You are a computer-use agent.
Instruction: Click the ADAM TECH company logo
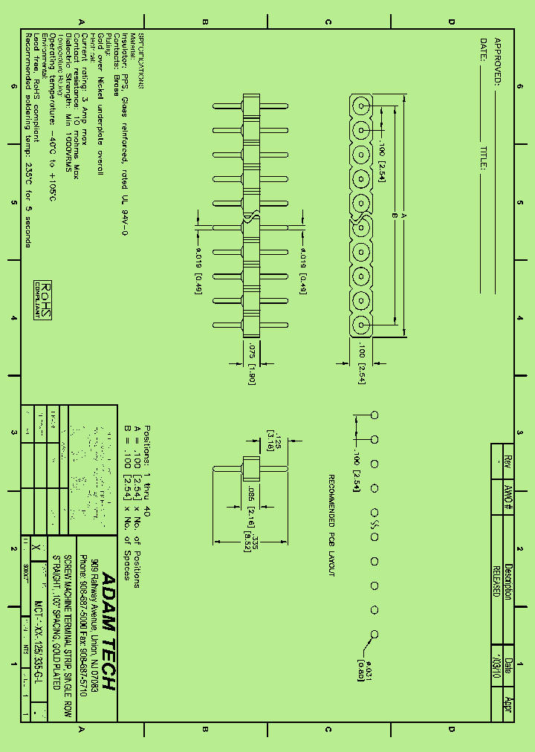tap(108, 632)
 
